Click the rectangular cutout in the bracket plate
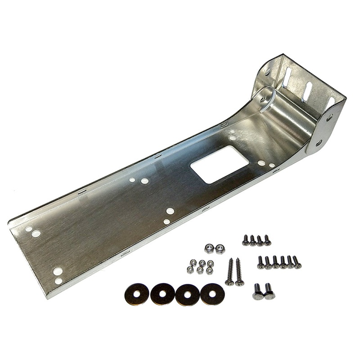click(x=220, y=164)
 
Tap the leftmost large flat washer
click(x=136, y=293)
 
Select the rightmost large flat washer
click(x=212, y=294)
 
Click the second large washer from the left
click(x=162, y=294)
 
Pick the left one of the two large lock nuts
click(x=209, y=248)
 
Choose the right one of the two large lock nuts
click(x=220, y=249)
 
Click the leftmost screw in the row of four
click(x=246, y=240)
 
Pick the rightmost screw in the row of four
click(x=267, y=240)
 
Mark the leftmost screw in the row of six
click(x=261, y=262)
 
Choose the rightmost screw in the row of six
click(x=297, y=262)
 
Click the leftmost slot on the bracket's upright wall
click(x=287, y=77)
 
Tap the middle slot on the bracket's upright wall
click(x=307, y=91)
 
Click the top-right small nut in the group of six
click(x=210, y=263)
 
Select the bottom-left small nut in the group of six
click(x=190, y=270)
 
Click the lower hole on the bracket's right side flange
click(x=319, y=143)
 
